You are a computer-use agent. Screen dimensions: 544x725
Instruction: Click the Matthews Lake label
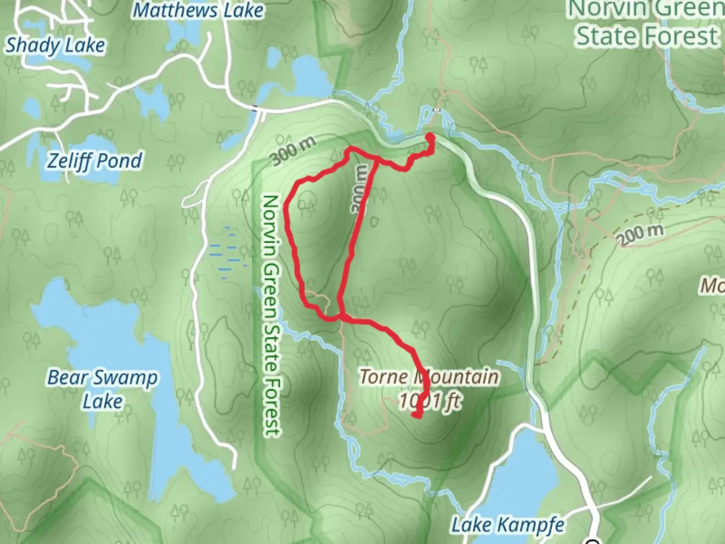[198, 10]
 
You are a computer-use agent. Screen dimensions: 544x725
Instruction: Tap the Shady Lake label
[55, 45]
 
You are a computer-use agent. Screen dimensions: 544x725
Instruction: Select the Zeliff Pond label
[95, 161]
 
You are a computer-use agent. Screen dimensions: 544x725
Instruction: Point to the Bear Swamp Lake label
[103, 389]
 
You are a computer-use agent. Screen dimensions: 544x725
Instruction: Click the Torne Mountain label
[429, 376]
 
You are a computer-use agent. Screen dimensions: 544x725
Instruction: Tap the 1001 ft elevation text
[429, 401]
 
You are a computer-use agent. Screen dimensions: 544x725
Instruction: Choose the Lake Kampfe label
[507, 525]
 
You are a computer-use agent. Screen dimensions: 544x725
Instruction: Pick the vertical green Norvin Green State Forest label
[270, 315]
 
